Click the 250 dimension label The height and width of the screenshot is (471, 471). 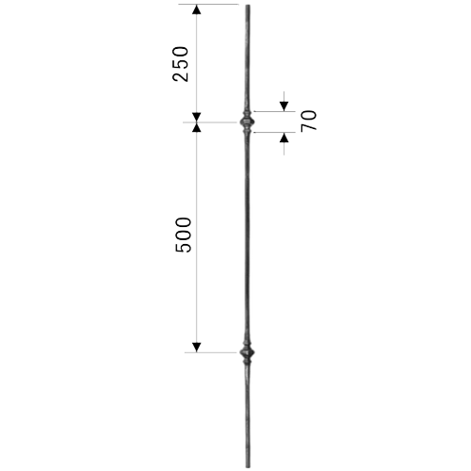pyautogui.click(x=181, y=64)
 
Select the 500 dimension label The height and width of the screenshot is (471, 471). pyautogui.click(x=183, y=235)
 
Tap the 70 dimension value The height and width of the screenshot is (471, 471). pyautogui.click(x=309, y=121)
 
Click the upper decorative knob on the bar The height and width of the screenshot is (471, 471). pyautogui.click(x=247, y=122)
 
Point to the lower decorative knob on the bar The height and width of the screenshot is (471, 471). pyautogui.click(x=247, y=352)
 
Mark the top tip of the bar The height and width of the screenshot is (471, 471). pyautogui.click(x=248, y=5)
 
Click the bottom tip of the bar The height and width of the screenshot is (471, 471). pyautogui.click(x=248, y=467)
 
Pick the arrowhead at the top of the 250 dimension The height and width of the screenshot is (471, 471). pyautogui.click(x=197, y=9)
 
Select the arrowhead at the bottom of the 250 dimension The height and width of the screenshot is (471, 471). pyautogui.click(x=197, y=117)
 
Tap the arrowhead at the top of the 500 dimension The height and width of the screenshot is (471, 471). pyautogui.click(x=197, y=127)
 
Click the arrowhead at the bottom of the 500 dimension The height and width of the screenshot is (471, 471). pyautogui.click(x=197, y=348)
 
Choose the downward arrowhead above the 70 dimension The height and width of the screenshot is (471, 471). pyautogui.click(x=284, y=106)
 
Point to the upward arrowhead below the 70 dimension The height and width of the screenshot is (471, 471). pyautogui.click(x=284, y=138)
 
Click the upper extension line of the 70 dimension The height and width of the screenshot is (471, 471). pyautogui.click(x=274, y=111)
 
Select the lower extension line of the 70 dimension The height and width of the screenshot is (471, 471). pyautogui.click(x=274, y=133)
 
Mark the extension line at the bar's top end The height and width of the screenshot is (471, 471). pyautogui.click(x=208, y=5)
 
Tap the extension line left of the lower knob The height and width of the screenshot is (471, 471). pyautogui.click(x=210, y=352)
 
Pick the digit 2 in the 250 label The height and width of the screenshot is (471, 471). pyautogui.click(x=181, y=76)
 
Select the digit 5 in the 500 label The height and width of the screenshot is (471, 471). pyautogui.click(x=183, y=248)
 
